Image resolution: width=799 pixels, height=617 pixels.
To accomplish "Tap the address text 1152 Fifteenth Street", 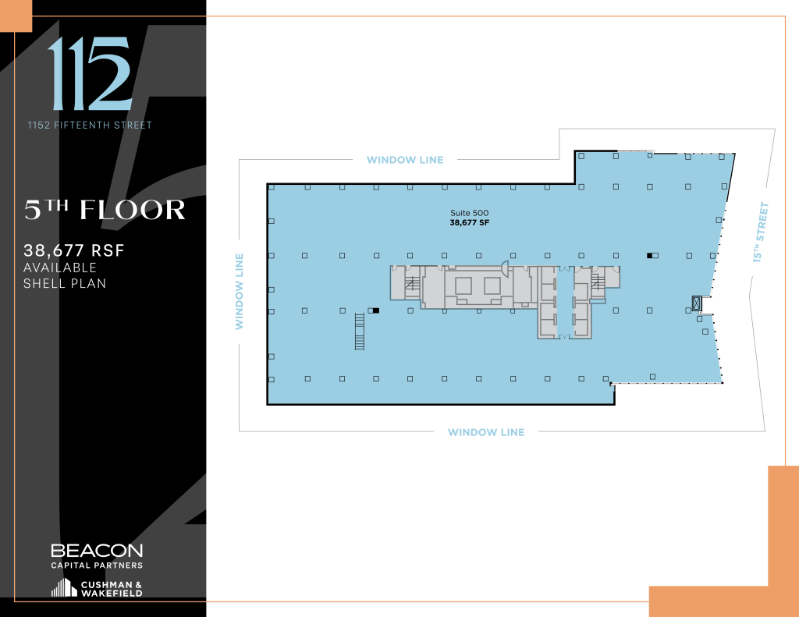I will pos(90,125).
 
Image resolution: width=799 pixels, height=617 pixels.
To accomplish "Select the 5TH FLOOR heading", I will pos(105,210).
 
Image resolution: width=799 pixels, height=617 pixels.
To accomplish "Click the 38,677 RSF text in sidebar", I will pos(75,251).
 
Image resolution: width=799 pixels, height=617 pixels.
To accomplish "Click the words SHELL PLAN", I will pos(66,283).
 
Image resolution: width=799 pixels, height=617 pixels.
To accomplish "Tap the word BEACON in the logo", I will pos(97,551).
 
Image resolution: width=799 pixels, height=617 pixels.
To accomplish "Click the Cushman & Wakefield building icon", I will pos(64,587).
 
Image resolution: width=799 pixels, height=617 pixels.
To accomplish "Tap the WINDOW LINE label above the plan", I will pos(405,160).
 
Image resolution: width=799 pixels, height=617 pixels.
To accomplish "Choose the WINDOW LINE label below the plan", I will pos(486,432).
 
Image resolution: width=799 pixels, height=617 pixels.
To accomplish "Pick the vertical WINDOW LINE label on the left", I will pos(240,290).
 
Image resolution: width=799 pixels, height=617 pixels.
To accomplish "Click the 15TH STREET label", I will pos(761,232).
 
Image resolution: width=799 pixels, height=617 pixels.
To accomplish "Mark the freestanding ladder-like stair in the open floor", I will pos(360,331).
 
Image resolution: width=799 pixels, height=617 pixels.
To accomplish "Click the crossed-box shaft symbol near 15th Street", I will pos(696,303).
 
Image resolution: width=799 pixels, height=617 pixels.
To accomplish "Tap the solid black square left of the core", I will pos(376,310).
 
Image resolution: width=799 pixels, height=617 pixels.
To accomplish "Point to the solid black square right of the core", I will pos(649,255).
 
